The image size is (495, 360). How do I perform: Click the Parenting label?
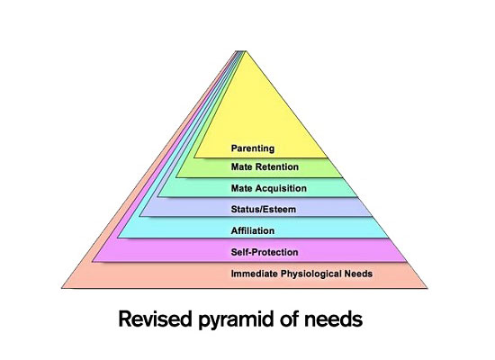click(x=253, y=148)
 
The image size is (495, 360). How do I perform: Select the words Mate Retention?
click(x=265, y=166)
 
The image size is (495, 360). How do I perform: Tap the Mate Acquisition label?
click(x=269, y=188)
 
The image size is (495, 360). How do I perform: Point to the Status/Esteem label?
click(x=264, y=209)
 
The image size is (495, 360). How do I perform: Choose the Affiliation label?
click(x=253, y=230)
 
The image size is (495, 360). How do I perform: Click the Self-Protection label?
click(x=265, y=252)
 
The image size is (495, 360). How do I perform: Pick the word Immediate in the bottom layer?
click(x=254, y=274)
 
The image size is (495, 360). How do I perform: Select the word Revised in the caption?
click(x=155, y=319)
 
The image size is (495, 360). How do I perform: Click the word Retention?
click(x=277, y=166)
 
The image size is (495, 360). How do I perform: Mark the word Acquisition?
click(x=281, y=188)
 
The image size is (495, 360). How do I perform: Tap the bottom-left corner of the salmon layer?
click(x=62, y=288)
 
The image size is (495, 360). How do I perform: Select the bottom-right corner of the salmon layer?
click(x=427, y=288)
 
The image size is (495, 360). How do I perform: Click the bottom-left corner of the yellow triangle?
click(x=194, y=157)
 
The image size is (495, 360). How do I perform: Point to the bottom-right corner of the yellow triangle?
click(x=327, y=157)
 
